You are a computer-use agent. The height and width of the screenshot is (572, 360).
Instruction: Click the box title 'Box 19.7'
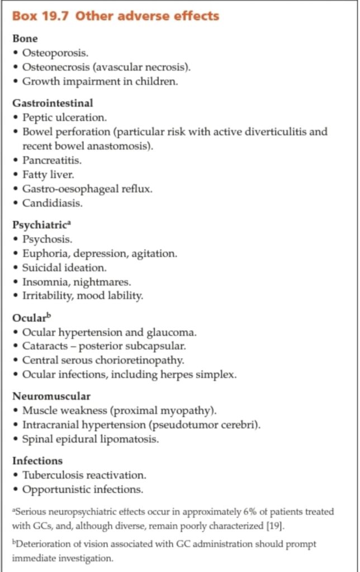pos(42,16)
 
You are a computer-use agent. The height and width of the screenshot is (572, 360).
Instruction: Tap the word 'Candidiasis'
pos(51,203)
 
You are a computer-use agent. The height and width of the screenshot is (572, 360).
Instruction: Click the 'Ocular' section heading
pos(28,318)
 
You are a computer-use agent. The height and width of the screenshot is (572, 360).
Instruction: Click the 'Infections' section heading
pos(37,461)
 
